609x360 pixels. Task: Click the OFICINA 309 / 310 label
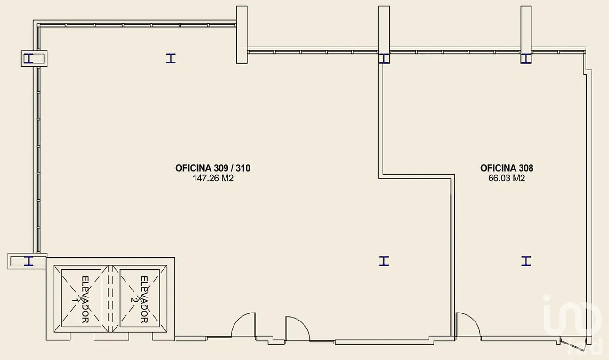click(212, 168)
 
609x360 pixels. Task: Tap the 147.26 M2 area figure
click(213, 179)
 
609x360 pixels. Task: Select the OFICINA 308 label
click(507, 168)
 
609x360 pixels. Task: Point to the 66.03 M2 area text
click(507, 179)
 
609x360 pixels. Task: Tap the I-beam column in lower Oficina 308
click(526, 261)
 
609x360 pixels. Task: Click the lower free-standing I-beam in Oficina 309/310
click(384, 261)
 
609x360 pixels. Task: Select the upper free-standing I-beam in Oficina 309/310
click(171, 58)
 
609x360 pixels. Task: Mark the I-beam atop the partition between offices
click(384, 58)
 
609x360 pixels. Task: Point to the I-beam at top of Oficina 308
click(526, 58)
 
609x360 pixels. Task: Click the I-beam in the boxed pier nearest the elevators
click(28, 261)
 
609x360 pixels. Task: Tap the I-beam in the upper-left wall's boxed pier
click(28, 58)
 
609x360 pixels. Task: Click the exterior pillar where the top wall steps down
click(242, 35)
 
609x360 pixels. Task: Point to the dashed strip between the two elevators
click(110, 298)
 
